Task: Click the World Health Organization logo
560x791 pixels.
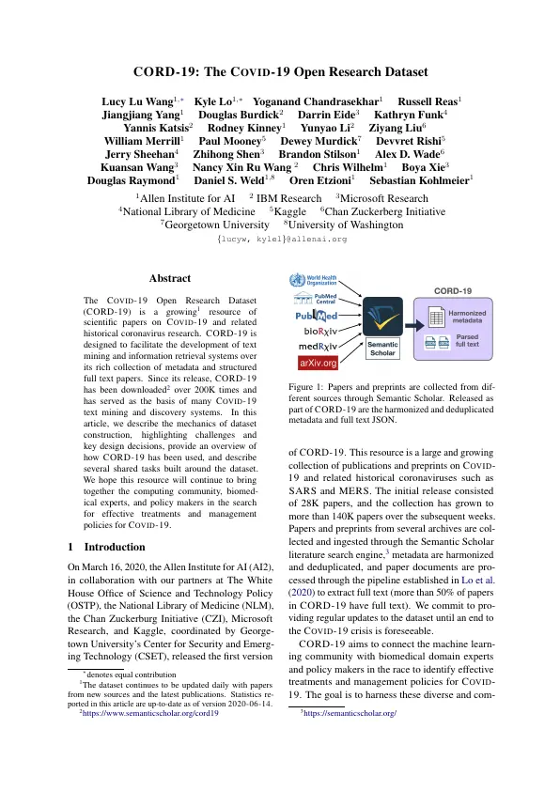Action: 310,281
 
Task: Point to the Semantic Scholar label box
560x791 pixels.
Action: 382,349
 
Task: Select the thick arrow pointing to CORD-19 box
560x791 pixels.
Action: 415,320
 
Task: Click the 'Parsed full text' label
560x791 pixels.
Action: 467,340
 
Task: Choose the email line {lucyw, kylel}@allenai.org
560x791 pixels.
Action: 280,240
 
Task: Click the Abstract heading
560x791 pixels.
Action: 170,278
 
